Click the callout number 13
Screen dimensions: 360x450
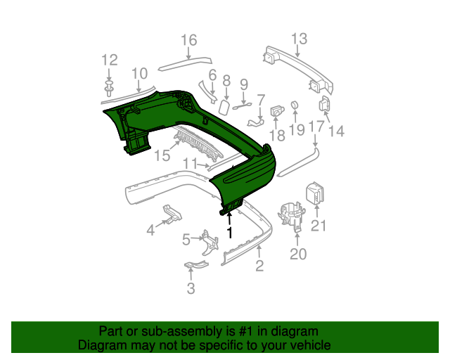(299, 38)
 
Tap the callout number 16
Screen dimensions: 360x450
(189, 40)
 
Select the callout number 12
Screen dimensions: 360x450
(110, 60)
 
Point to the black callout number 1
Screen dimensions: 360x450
(229, 231)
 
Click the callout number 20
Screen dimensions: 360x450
(298, 254)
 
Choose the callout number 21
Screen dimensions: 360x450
(319, 226)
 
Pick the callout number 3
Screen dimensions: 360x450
(191, 288)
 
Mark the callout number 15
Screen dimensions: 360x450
(162, 155)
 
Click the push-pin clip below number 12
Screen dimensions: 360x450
(109, 87)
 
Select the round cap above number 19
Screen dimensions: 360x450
(295, 105)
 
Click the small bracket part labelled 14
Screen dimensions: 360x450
(326, 104)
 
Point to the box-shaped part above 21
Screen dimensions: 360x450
(314, 193)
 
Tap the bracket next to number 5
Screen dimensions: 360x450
(206, 241)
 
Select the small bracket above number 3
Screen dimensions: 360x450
(195, 265)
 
